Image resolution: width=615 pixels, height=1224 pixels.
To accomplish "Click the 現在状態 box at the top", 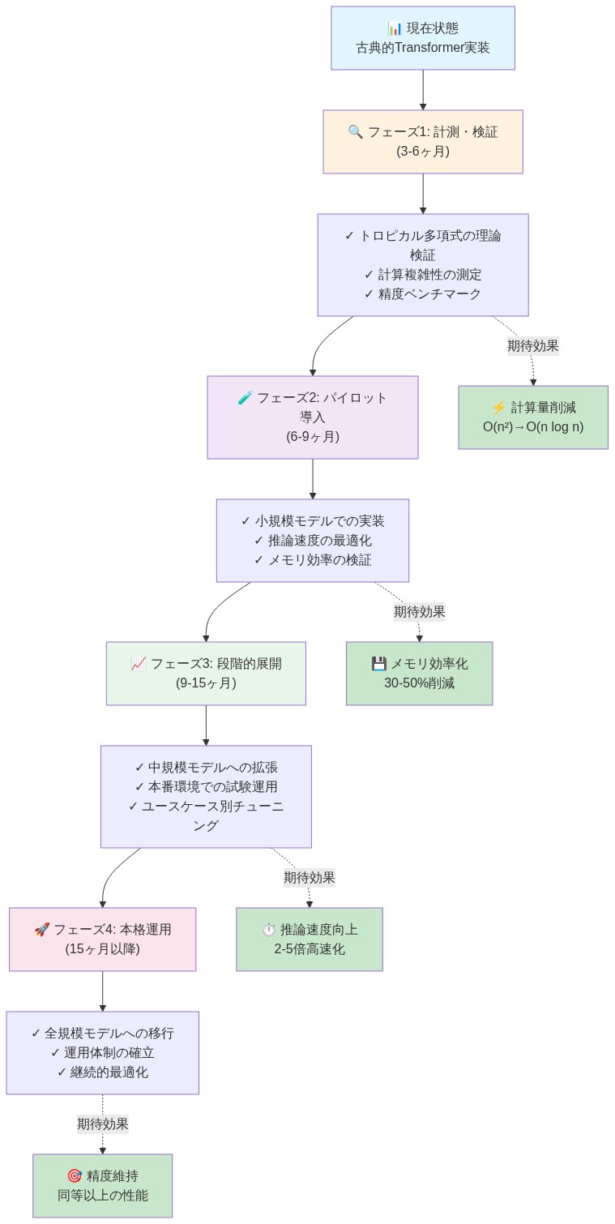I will pyautogui.click(x=422, y=38).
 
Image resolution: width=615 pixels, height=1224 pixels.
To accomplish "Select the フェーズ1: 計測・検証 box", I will pyautogui.click(x=422, y=142).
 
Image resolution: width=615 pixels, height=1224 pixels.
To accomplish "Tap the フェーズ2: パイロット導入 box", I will pyautogui.click(x=312, y=417).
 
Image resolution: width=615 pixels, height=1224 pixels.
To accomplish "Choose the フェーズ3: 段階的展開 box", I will pyautogui.click(x=206, y=674).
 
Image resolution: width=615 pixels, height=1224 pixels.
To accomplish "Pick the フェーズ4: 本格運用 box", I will pyautogui.click(x=102, y=939).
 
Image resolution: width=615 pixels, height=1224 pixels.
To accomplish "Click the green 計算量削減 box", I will pyautogui.click(x=533, y=417).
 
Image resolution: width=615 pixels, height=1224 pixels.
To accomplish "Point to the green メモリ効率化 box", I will pyautogui.click(x=419, y=674).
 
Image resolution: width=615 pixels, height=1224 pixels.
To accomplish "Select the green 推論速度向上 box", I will pyautogui.click(x=309, y=939).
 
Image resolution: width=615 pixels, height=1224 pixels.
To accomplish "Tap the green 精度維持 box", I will pyautogui.click(x=102, y=1186).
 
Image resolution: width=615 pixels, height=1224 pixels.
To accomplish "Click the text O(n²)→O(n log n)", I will pyautogui.click(x=533, y=427).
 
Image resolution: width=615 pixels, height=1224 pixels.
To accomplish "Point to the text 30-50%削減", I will pyautogui.click(x=419, y=683).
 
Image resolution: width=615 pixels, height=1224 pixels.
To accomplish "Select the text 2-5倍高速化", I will pyautogui.click(x=309, y=949).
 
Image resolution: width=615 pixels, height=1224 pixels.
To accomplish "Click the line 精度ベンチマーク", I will pyautogui.click(x=422, y=294).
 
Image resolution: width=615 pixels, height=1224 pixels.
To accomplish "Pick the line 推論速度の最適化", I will pyautogui.click(x=312, y=541).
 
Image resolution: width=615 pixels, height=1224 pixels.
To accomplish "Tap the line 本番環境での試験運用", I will pyautogui.click(x=206, y=787).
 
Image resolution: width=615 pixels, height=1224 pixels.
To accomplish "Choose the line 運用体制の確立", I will pyautogui.click(x=102, y=1053).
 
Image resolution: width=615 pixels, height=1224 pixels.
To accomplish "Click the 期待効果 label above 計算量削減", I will pyautogui.click(x=532, y=346).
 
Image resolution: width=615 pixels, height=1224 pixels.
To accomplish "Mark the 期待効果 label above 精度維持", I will pyautogui.click(x=102, y=1124).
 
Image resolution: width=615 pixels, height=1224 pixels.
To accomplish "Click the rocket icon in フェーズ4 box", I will pyautogui.click(x=41, y=930).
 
